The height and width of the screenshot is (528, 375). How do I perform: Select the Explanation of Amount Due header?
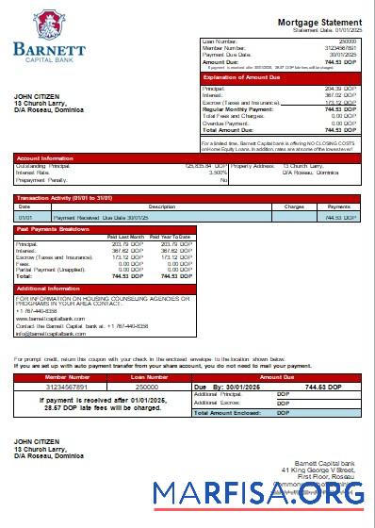point(241,77)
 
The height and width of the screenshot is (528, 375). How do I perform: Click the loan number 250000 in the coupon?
point(146,387)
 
